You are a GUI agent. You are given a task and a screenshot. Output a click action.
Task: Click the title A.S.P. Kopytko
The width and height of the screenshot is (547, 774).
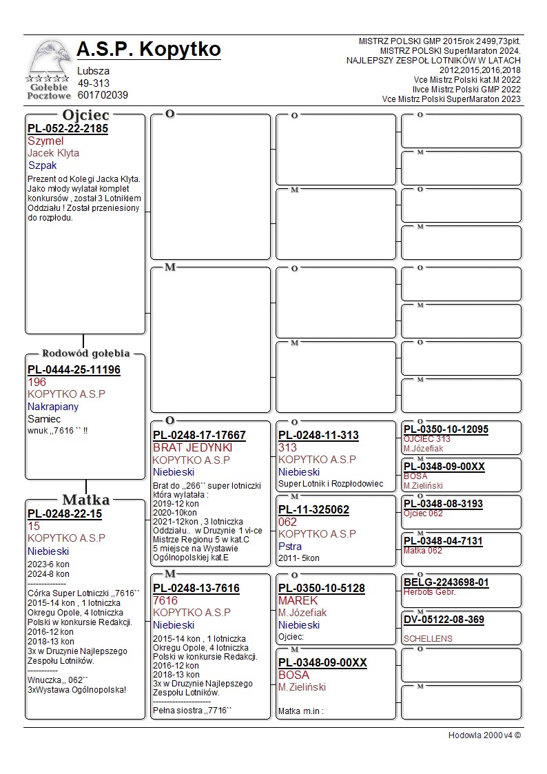click(149, 50)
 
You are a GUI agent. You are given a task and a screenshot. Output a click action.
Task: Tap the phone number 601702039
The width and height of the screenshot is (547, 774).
click(103, 95)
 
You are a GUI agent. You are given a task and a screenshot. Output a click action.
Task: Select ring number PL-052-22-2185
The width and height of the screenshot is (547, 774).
click(68, 128)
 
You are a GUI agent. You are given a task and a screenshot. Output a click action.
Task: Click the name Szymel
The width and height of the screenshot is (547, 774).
click(45, 141)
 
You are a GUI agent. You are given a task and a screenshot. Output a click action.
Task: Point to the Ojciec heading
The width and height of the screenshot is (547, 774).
click(85, 114)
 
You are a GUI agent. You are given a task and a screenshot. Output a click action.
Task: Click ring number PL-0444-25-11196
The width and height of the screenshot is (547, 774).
click(74, 370)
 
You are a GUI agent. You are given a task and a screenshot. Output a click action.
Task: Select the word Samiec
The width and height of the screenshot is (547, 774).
click(44, 418)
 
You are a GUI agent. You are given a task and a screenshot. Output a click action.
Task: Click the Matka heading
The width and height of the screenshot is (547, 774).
click(85, 500)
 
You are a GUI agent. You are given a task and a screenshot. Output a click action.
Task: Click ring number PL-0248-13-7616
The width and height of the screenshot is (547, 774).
click(196, 588)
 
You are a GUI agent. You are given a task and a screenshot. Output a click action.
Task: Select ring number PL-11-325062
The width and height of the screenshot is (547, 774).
click(313, 510)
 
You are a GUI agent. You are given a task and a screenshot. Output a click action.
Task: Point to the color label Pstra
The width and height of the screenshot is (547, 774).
click(289, 546)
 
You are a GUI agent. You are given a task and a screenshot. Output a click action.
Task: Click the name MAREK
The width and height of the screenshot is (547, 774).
click(298, 600)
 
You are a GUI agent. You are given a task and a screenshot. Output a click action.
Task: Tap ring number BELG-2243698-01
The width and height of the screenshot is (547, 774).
click(446, 582)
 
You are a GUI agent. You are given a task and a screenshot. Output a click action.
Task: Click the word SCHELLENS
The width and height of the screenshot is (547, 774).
click(428, 638)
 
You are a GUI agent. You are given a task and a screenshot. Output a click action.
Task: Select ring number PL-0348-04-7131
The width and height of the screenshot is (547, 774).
click(443, 541)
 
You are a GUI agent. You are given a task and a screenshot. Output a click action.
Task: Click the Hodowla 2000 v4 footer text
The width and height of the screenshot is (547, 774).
click(484, 735)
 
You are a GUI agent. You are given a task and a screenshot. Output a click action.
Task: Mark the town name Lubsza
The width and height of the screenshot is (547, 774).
click(94, 70)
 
